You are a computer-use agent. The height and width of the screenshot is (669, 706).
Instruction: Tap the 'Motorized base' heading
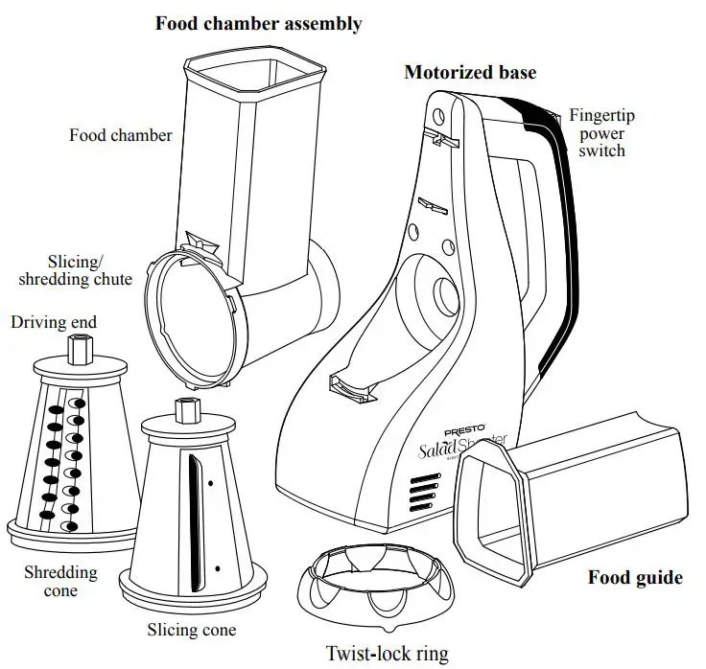[x=470, y=73]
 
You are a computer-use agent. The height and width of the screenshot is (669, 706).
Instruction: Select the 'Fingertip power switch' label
[x=601, y=132]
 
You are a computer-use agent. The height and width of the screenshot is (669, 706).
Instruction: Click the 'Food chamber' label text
[x=121, y=135]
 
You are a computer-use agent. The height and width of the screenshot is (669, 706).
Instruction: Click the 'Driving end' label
[x=54, y=322]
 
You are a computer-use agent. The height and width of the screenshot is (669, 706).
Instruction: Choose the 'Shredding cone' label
[x=60, y=582]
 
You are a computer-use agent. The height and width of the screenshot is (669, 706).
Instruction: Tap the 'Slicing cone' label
[x=191, y=630]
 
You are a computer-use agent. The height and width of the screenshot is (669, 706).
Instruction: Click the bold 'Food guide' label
[x=634, y=577]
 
